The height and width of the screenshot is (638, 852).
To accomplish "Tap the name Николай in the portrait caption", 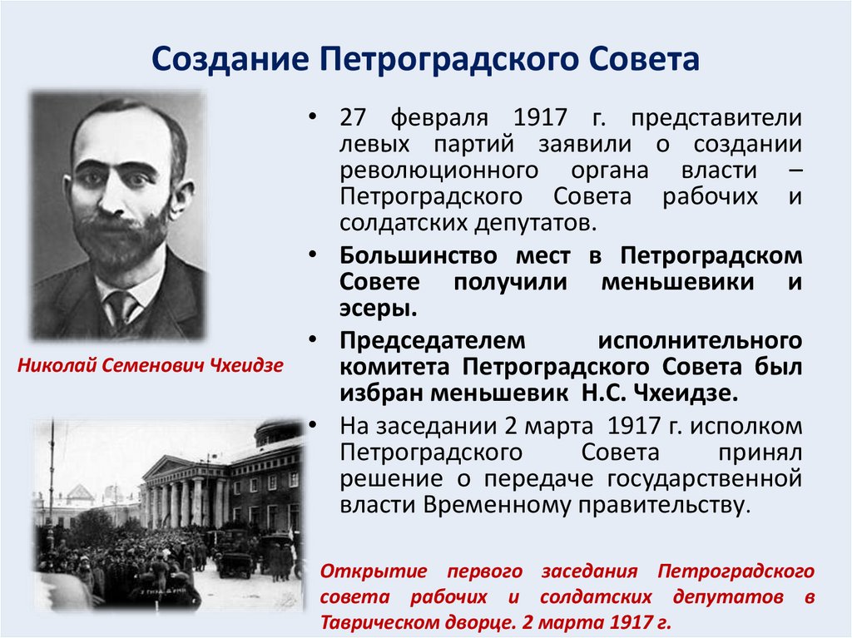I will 54,365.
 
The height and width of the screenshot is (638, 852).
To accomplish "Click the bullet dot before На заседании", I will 313,425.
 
